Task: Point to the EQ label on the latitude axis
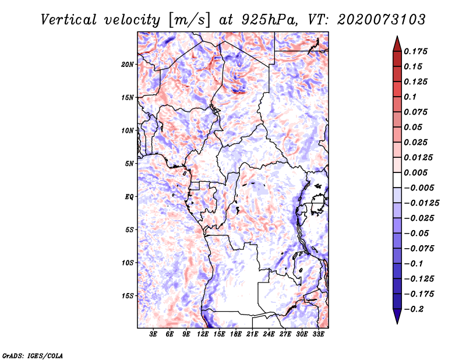[129, 196]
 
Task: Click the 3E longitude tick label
[154, 334]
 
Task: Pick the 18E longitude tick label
[236, 334]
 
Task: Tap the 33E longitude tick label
[319, 334]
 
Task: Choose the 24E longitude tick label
[269, 334]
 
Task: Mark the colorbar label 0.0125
[419, 157]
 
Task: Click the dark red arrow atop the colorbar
[396, 43]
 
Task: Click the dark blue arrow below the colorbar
[396, 317]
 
